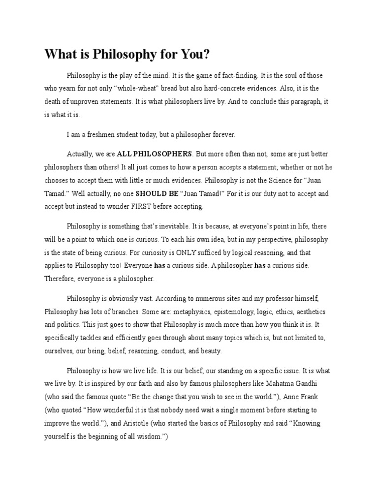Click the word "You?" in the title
pos(194,55)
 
